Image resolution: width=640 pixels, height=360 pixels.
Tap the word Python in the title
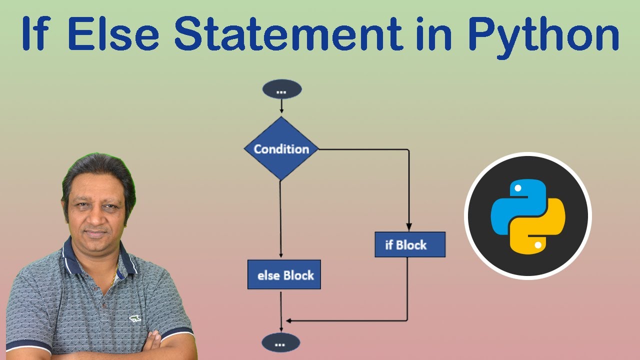[544, 34]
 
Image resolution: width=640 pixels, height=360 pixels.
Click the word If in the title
[41, 34]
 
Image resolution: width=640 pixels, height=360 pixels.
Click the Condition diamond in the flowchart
[281, 149]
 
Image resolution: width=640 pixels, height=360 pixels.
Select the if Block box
[409, 244]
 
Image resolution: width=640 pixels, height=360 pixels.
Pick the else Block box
[284, 275]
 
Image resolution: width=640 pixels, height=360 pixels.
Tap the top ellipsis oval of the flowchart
[281, 89]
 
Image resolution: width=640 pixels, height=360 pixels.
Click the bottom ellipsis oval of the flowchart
[281, 343]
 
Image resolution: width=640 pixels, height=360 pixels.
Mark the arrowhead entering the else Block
[281, 256]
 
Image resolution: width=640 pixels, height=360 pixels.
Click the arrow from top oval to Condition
[281, 106]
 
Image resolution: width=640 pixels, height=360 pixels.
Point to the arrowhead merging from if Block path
[287, 320]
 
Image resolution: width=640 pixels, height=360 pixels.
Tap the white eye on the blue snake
[518, 188]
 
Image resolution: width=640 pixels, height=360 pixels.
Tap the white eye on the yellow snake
[537, 245]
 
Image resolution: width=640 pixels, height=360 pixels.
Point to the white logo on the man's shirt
[134, 318]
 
